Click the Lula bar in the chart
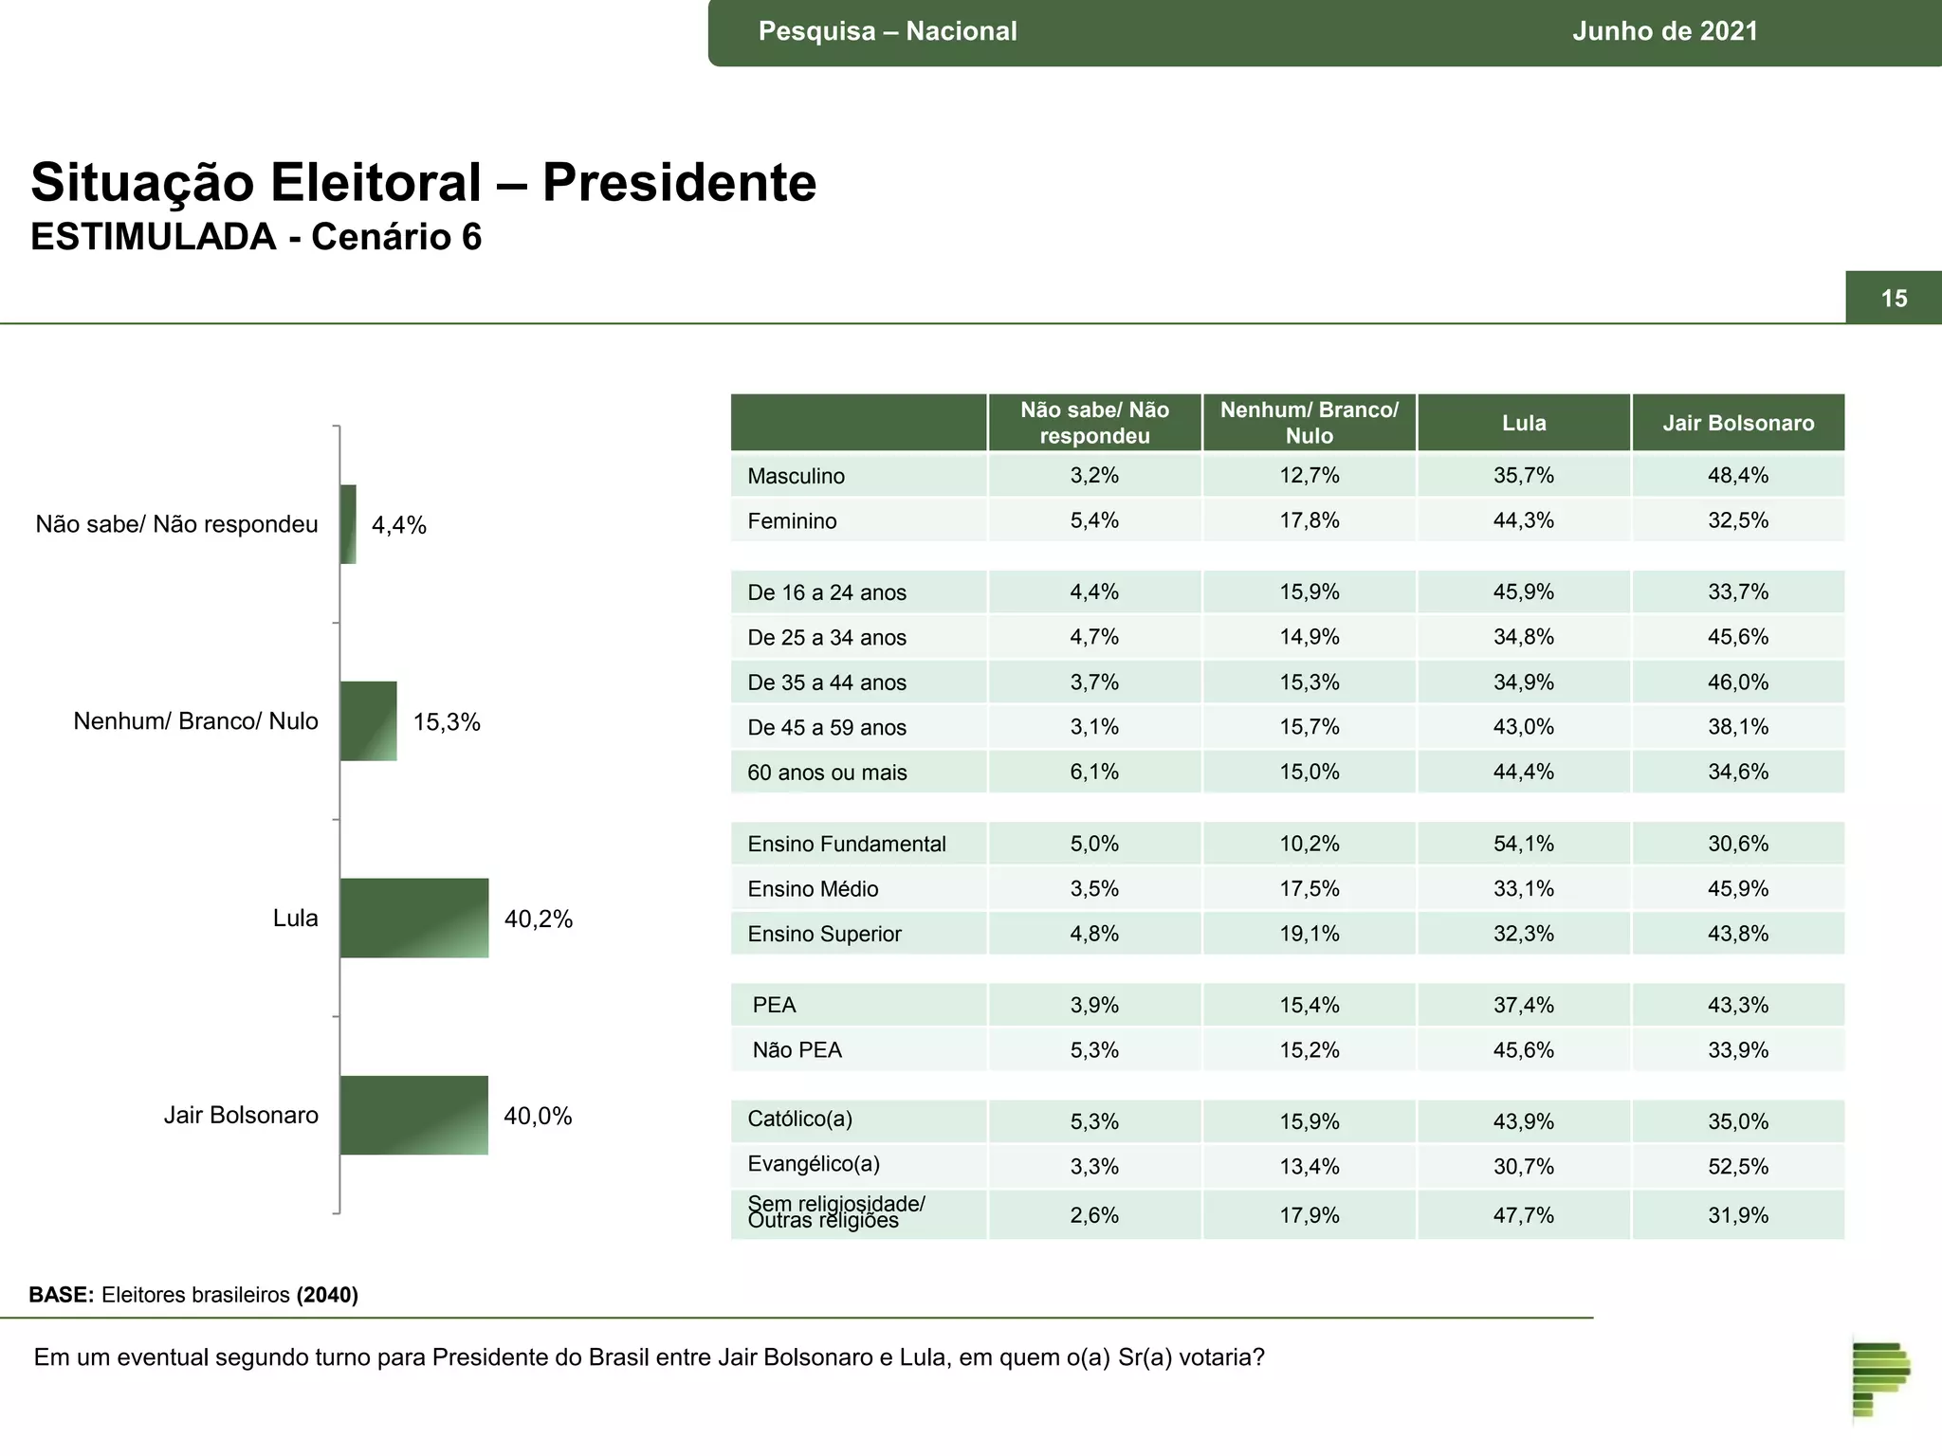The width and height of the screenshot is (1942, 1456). (414, 918)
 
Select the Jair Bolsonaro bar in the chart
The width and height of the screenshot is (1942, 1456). (414, 1115)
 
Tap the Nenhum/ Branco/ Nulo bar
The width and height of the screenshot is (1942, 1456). (368, 720)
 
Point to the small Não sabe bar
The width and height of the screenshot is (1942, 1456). (348, 524)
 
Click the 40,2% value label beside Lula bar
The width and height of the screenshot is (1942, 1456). (539, 919)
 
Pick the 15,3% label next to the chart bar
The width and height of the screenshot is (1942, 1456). (447, 722)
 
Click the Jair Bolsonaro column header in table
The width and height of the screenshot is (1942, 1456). (1738, 423)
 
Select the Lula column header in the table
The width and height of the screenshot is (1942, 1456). (1524, 423)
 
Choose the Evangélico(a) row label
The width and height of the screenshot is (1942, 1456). (814, 1164)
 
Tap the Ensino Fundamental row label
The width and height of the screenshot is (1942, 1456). (847, 844)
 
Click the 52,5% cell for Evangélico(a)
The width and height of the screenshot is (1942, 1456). (1738, 1167)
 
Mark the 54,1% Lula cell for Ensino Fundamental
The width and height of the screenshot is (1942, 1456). (1524, 844)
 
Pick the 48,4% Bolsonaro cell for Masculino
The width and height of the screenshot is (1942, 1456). (1738, 476)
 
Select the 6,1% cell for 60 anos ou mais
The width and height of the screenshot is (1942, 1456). (1094, 772)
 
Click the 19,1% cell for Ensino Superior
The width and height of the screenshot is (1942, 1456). (1310, 934)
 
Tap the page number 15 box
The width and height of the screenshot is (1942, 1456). (1894, 299)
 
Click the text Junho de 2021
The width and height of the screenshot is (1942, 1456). (1665, 31)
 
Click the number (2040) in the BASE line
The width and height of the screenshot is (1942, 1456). (327, 1295)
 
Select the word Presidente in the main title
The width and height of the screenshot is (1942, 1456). (679, 182)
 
